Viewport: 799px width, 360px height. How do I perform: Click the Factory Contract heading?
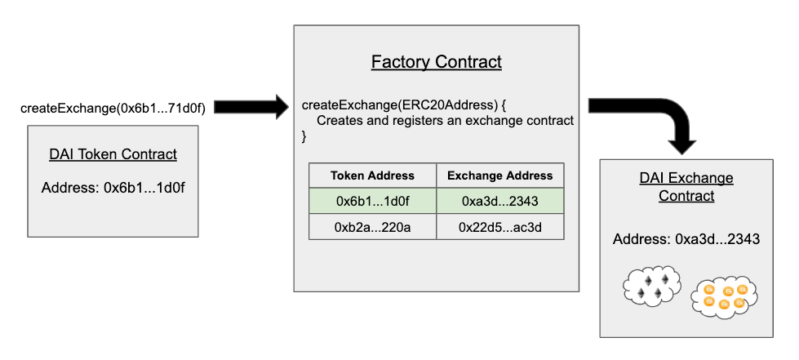coord(436,62)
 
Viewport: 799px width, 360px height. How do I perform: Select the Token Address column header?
coord(372,176)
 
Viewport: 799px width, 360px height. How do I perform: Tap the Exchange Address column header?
coord(499,176)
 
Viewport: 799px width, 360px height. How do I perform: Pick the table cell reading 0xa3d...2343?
coord(499,201)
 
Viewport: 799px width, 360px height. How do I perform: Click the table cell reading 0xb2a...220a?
coord(372,227)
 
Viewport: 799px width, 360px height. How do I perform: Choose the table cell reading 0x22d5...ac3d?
coord(499,227)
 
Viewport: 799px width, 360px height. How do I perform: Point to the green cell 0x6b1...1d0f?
coord(372,201)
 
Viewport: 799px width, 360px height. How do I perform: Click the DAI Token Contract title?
coord(113,154)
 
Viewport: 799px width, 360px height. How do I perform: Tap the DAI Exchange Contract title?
coord(686,187)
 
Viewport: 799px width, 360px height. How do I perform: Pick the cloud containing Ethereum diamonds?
coord(652,287)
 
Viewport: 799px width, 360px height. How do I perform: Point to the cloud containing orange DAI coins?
coord(724,297)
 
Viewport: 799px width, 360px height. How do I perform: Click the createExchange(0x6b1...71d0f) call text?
coord(113,108)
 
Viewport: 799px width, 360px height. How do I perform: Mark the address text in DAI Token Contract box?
coord(113,188)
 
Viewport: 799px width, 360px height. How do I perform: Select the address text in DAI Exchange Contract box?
coord(686,238)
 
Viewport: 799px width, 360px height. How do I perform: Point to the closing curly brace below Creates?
coord(304,136)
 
